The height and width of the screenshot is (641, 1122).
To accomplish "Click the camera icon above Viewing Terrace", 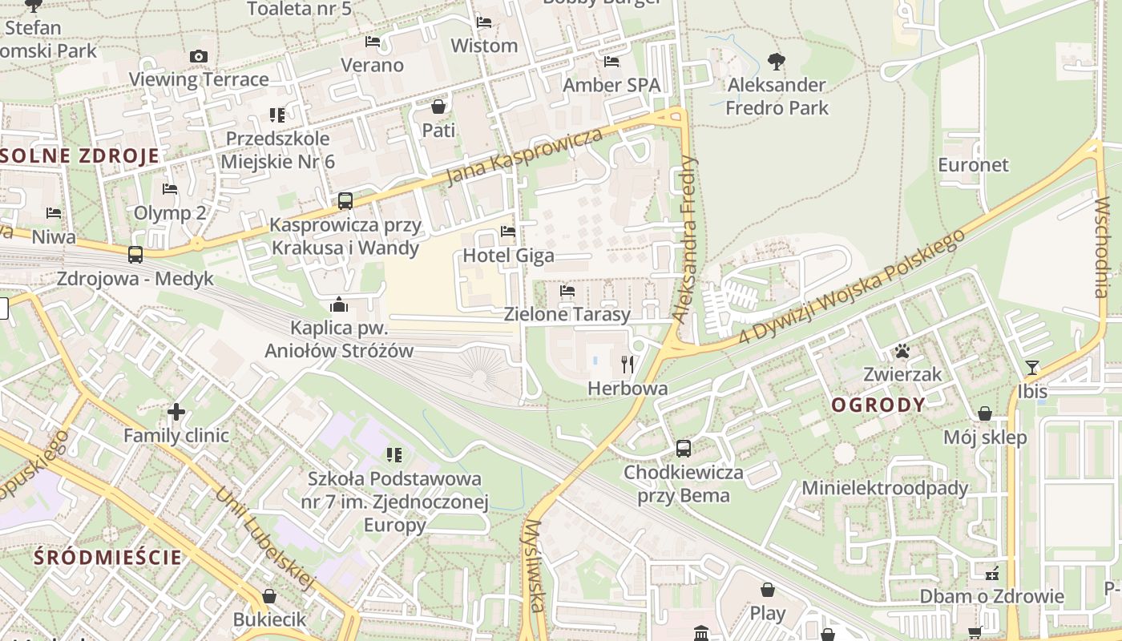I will [x=198, y=56].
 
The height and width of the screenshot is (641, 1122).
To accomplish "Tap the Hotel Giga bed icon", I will [x=507, y=232].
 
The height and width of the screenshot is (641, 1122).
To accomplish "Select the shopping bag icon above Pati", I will [x=438, y=106].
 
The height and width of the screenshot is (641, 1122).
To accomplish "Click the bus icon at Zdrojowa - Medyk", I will [x=135, y=255].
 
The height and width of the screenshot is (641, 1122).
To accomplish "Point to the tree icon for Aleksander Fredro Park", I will [x=776, y=61].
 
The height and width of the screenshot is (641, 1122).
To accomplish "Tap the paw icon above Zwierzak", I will [x=902, y=351].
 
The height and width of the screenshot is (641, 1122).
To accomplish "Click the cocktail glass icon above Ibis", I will [x=1031, y=368].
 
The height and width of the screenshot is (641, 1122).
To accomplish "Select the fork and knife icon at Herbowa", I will [x=628, y=365].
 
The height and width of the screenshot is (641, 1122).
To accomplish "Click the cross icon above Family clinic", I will [x=176, y=413].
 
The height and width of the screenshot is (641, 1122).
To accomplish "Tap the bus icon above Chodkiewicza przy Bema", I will [x=684, y=449].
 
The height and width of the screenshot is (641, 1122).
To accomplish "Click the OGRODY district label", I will [x=878, y=405].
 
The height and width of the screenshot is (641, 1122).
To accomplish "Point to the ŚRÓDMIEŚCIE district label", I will [x=108, y=557].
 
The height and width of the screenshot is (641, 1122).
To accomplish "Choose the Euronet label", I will [x=974, y=165].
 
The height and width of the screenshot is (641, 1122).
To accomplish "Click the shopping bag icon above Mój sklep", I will [x=984, y=414].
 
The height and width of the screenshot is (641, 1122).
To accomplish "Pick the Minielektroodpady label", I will [x=885, y=488].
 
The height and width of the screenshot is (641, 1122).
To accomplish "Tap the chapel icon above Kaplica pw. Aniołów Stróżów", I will [x=339, y=305].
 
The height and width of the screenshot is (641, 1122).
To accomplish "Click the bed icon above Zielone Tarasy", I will [x=567, y=291].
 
